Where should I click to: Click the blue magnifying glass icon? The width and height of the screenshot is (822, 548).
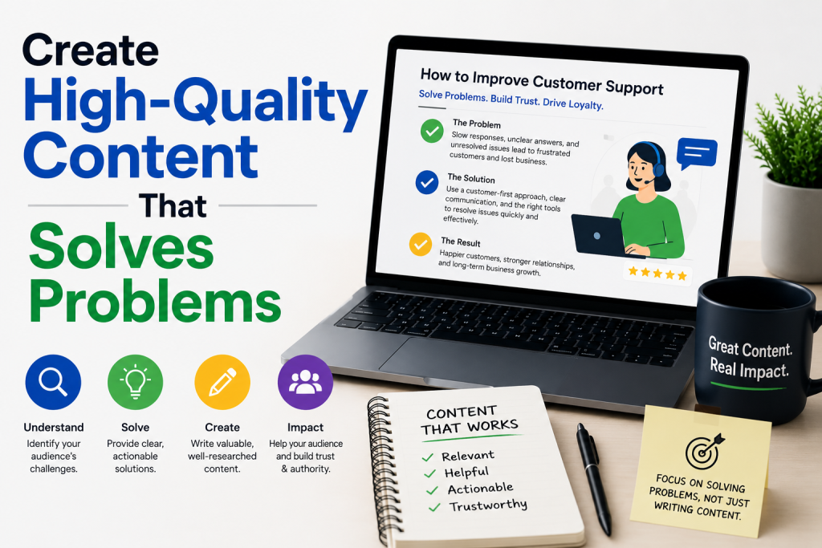(x=53, y=382)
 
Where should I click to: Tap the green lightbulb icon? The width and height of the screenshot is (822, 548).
(x=135, y=382)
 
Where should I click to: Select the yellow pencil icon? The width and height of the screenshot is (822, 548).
(x=222, y=382)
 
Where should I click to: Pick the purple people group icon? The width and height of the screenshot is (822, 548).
(x=305, y=382)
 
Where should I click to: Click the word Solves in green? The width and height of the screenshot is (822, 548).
(x=122, y=247)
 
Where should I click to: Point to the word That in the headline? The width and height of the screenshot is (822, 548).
(x=173, y=206)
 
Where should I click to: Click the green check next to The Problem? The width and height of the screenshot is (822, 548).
(x=432, y=131)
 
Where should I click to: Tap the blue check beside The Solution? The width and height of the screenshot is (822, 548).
(x=427, y=182)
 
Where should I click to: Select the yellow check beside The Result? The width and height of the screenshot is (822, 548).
(x=421, y=244)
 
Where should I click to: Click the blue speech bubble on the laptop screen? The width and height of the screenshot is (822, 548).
(x=696, y=153)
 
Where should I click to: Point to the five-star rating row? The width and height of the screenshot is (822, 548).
(x=657, y=273)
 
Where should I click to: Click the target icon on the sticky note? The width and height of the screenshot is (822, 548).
(x=703, y=451)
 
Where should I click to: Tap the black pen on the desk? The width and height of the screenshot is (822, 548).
(x=594, y=478)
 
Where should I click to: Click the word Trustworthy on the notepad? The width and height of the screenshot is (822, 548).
(x=488, y=505)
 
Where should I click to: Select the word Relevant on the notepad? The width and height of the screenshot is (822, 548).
(x=468, y=456)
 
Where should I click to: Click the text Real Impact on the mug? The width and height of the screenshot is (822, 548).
(x=749, y=369)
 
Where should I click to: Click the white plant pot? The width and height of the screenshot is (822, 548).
(x=791, y=228)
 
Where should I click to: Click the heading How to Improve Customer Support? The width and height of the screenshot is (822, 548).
(x=542, y=81)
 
